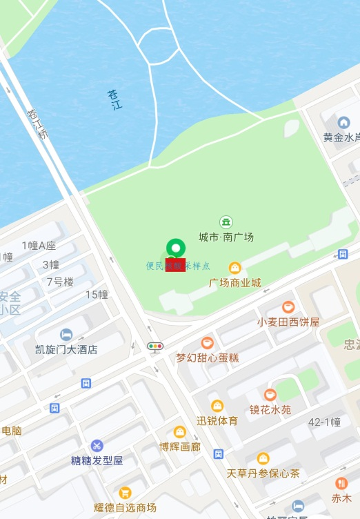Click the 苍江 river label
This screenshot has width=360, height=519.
point(114,100)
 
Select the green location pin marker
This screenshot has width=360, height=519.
point(176,248)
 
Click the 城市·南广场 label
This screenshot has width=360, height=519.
point(226,237)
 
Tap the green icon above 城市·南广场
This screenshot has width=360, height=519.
point(226,222)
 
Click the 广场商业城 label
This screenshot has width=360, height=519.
point(235,282)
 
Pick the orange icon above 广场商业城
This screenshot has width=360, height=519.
point(235,268)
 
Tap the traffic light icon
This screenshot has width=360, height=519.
point(156,346)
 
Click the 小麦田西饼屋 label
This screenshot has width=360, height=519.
point(288,322)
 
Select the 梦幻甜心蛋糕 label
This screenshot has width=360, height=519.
point(207,358)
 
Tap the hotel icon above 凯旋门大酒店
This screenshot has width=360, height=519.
point(66,335)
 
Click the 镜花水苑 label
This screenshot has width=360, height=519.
point(270,409)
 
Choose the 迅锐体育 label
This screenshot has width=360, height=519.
point(217,420)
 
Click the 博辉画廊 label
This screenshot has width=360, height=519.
point(180,447)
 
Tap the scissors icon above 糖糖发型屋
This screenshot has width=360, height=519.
point(97,446)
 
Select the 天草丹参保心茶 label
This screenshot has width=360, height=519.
point(263,473)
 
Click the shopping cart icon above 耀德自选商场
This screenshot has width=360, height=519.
point(125,493)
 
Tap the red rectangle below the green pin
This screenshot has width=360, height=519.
point(175,265)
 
